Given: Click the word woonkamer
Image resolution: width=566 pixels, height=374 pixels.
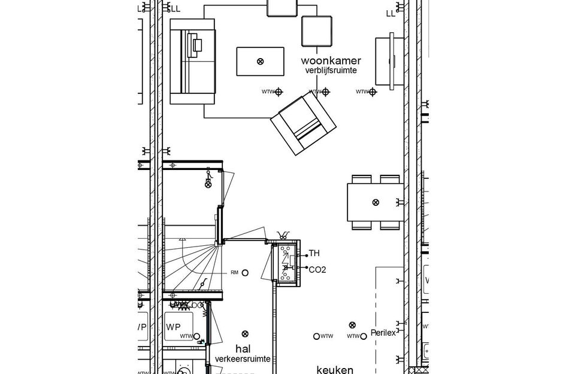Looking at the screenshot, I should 331,60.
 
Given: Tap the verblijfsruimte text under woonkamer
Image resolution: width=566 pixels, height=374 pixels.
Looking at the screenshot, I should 331,71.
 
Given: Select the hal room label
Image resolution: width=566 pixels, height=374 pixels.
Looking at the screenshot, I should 242,348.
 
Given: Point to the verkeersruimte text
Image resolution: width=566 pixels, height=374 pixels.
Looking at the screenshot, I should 242,358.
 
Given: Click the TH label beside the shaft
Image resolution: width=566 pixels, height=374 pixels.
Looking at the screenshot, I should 314,254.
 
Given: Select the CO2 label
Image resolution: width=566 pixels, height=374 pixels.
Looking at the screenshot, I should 317,269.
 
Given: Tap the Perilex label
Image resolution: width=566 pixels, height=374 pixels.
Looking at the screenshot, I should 383,333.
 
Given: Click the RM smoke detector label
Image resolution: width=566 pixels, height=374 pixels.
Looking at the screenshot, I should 235,272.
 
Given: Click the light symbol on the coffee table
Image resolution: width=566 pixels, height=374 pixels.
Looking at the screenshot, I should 260,62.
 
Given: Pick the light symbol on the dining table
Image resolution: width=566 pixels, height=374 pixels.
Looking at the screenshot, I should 376,202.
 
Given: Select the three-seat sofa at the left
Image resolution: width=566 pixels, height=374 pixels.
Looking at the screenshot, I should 192,61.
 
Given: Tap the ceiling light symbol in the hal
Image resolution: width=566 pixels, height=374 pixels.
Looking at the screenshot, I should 244,334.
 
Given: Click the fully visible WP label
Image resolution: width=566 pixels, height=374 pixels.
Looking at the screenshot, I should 174,327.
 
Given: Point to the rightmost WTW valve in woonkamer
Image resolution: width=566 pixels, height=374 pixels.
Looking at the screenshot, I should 373,92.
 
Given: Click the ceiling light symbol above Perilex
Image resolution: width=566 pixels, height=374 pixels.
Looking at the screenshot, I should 352,324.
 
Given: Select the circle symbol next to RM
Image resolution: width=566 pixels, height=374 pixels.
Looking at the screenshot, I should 246,272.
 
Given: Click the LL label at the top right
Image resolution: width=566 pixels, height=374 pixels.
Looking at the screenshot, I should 391,13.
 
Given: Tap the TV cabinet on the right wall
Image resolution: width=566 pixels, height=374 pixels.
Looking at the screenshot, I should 385,61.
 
